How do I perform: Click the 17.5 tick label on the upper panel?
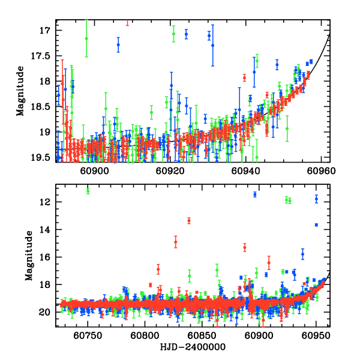pos(45,55)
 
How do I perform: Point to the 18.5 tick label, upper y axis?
pos(45,106)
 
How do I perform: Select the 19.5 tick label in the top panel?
pos(45,157)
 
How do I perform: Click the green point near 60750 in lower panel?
pos(88,191)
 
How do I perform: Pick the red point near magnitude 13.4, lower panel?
pos(189,220)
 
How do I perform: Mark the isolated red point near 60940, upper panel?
pos(244,77)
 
